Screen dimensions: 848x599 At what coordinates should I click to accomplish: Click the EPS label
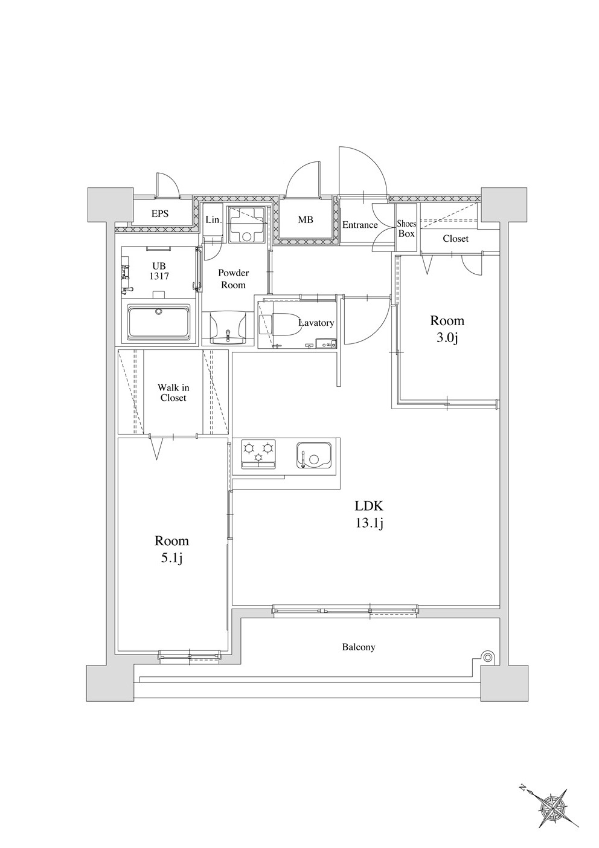160,213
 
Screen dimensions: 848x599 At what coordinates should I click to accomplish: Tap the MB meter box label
306,220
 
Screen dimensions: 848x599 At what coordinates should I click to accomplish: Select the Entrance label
360,225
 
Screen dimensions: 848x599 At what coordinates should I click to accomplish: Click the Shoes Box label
406,228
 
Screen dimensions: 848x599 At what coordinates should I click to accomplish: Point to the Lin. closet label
213,220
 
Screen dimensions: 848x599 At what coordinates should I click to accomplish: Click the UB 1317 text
159,271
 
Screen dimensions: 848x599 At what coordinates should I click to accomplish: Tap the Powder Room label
233,279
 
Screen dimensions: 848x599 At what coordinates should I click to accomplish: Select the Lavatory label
316,323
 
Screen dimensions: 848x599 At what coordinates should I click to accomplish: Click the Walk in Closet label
173,392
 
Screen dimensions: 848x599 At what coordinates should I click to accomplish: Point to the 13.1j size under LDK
370,523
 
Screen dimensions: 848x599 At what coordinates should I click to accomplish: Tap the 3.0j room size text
447,338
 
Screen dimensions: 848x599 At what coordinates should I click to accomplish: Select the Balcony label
359,647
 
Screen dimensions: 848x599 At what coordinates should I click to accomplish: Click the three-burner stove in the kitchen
258,453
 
